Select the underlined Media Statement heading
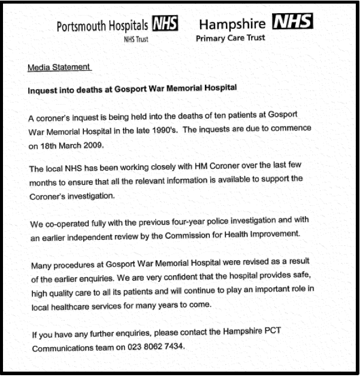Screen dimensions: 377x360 click(59, 68)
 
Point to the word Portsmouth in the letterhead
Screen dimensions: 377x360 click(79, 26)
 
